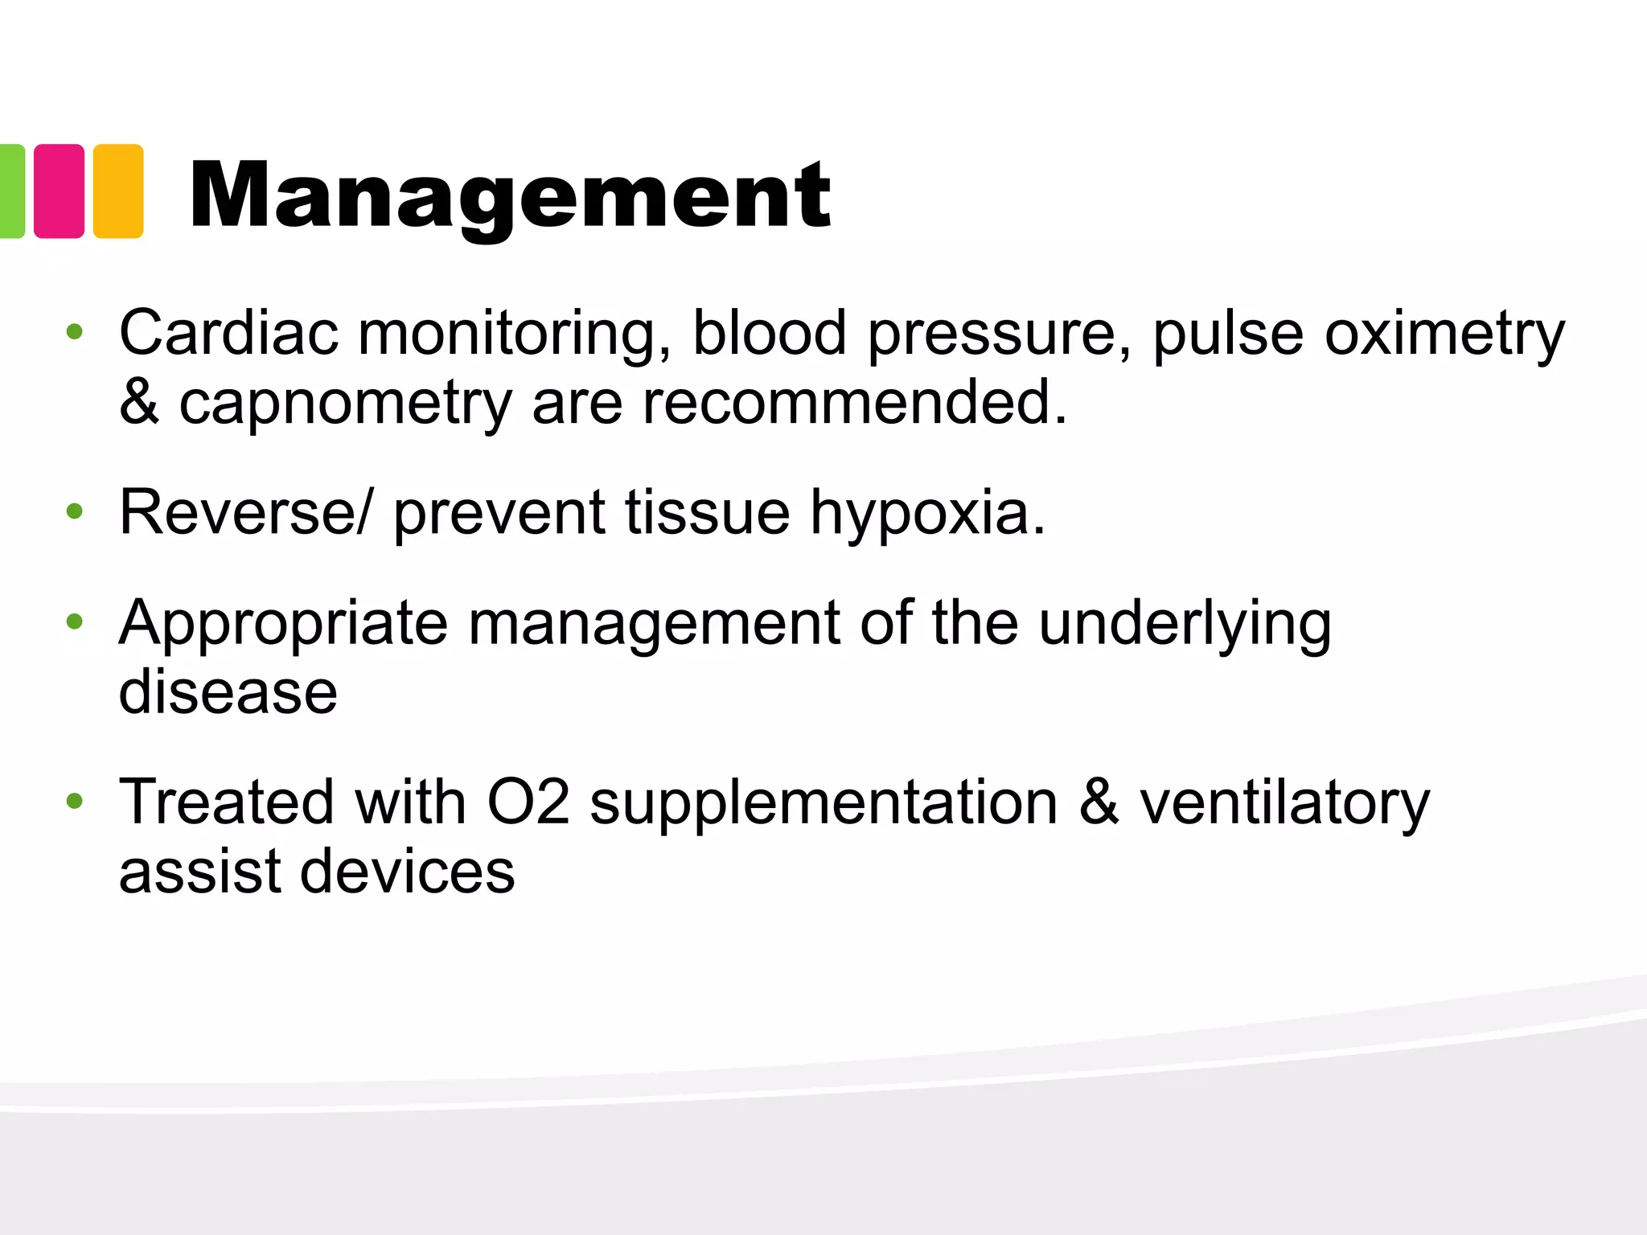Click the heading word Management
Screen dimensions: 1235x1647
pyautogui.click(x=510, y=195)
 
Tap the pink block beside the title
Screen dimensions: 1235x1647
pyautogui.click(x=59, y=191)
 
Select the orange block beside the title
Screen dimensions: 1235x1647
pyautogui.click(x=118, y=191)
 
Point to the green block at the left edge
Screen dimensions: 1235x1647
pyautogui.click(x=11, y=191)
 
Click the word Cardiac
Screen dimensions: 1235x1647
pyautogui.click(x=229, y=332)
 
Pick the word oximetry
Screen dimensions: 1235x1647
pyautogui.click(x=1444, y=334)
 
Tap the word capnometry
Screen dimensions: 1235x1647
pyautogui.click(x=345, y=404)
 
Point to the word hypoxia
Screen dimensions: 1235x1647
pyautogui.click(x=927, y=514)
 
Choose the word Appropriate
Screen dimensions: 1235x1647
pyautogui.click(x=283, y=624)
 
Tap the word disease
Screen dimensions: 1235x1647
pyautogui.click(x=228, y=692)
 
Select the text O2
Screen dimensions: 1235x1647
pyautogui.click(x=528, y=802)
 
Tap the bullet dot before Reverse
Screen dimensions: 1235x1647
pyautogui.click(x=75, y=511)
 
